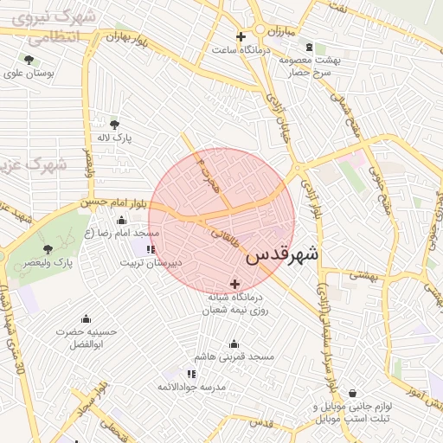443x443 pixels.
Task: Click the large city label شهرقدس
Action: pos(282,255)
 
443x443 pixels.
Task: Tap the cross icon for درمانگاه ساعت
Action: pos(241,37)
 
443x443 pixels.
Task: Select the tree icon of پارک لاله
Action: pos(116,124)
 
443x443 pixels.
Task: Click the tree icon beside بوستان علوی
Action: pos(29,60)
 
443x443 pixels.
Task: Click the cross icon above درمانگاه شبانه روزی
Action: pos(234,283)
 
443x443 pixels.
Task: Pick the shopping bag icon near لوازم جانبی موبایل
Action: pos(352,393)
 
